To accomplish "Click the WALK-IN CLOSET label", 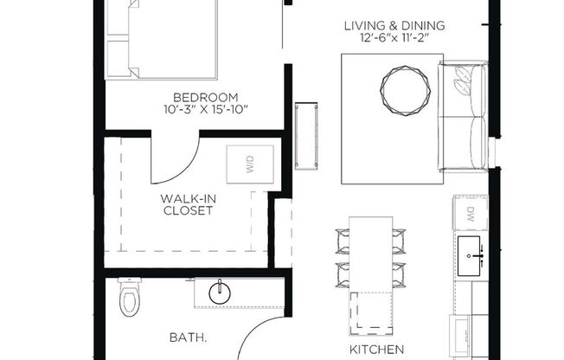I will (x=187, y=203).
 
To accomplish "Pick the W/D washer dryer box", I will (x=251, y=164).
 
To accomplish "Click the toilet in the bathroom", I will (x=129, y=300).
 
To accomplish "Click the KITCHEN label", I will (x=376, y=349).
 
